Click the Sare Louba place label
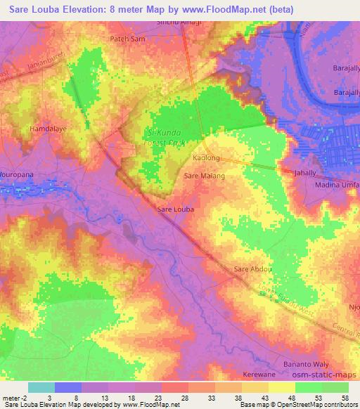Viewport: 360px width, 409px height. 174,209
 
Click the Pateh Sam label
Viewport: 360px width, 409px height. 127,39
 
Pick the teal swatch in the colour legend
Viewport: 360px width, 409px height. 41,388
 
